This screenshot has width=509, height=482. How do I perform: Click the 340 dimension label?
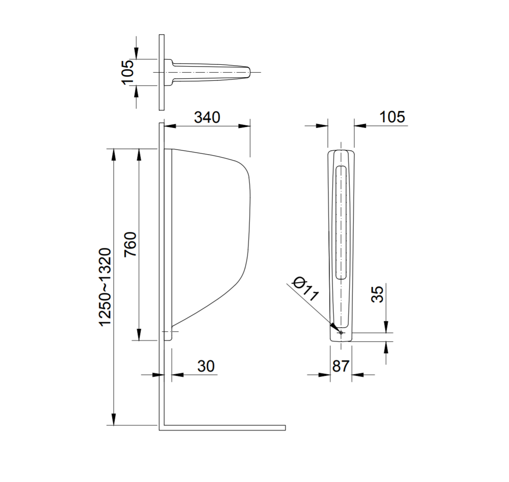click(x=207, y=117)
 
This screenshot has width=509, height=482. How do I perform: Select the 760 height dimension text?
click(x=130, y=244)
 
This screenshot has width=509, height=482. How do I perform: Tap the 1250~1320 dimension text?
click(x=105, y=287)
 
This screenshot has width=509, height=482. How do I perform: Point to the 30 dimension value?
click(x=206, y=366)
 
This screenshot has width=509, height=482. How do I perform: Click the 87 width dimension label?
click(x=340, y=366)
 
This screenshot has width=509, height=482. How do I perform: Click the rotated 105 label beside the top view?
click(x=128, y=72)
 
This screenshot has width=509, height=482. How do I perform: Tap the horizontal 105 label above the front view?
click(x=392, y=117)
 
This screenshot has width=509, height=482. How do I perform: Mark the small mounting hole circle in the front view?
click(x=341, y=333)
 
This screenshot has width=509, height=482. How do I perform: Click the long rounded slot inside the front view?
click(x=341, y=222)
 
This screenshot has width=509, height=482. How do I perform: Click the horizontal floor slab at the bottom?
click(x=223, y=428)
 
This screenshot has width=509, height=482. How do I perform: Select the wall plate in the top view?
click(x=161, y=72)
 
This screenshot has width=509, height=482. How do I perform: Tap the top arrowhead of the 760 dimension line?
click(x=139, y=153)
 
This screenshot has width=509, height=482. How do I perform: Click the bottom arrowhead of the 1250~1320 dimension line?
click(x=114, y=421)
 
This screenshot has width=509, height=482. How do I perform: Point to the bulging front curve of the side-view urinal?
click(x=250, y=207)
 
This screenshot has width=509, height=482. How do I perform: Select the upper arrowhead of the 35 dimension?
click(x=387, y=328)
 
